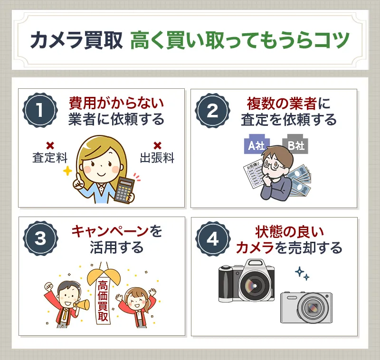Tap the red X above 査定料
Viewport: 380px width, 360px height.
tap(50, 145)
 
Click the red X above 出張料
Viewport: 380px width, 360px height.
tap(157, 145)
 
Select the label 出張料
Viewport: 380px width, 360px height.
tap(157, 158)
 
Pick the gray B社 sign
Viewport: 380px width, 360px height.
tap(294, 145)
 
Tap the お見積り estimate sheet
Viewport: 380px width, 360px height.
tap(255, 179)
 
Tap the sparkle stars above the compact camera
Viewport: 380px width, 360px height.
tap(302, 274)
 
